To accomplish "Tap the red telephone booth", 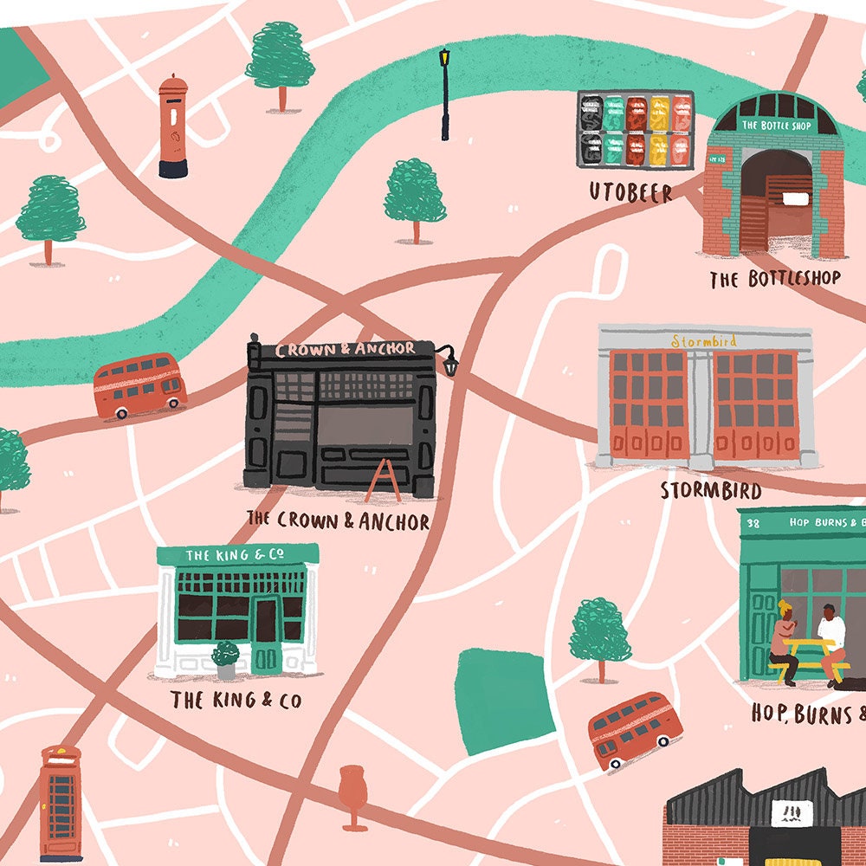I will [60, 805].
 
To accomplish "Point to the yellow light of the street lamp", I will [444, 58].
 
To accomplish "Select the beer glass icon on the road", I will [354, 792].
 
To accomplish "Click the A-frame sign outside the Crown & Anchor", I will [382, 481].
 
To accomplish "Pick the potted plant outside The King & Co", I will [226, 659].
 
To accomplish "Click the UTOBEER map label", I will [630, 192].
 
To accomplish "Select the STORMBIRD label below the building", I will [711, 491].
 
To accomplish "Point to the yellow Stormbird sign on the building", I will [705, 341].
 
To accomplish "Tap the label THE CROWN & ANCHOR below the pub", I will [338, 520].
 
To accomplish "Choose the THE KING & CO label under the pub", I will [236, 700].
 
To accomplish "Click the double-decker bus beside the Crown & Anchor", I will [139, 385].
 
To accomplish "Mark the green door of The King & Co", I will [266, 637].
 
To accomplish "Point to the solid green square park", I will [500, 701].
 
